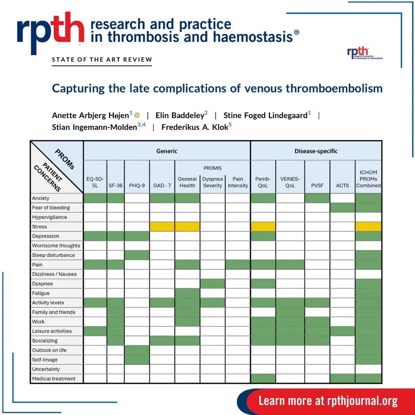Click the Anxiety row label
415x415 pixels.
coord(41,198)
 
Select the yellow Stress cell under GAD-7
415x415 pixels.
coord(162,227)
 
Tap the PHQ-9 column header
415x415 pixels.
coord(137,185)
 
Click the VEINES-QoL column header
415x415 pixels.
coord(290,182)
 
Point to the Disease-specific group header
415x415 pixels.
coord(316,151)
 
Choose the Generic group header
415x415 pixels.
coord(167,151)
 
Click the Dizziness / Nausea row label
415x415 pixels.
coord(54,274)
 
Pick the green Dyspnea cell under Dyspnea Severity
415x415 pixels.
coord(212,284)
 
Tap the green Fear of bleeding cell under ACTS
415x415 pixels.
coord(342,207)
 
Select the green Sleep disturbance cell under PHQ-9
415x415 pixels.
coord(137,255)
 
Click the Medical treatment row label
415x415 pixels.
coord(54,378)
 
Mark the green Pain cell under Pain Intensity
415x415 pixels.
coord(238,264)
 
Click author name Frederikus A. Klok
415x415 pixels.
coord(194,127)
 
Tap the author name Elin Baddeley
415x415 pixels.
coord(179,115)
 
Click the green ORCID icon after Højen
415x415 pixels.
coord(137,115)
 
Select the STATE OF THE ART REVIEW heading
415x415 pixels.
coord(102,60)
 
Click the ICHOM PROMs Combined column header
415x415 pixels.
coord(368,179)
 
